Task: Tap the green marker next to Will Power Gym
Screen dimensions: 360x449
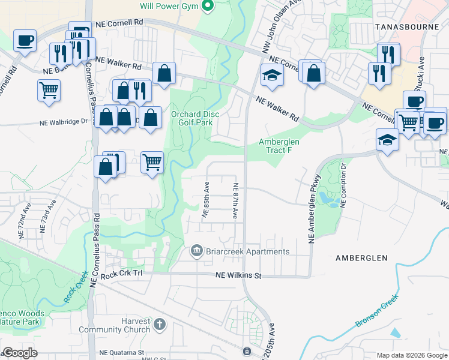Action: click(208, 7)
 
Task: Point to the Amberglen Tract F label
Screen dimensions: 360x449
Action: click(275, 146)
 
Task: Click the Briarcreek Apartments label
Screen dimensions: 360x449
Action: click(247, 252)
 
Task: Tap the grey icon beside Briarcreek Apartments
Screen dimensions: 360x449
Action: click(196, 251)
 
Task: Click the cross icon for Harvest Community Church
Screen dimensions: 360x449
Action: click(159, 325)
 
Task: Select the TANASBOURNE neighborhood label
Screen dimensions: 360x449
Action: click(403, 27)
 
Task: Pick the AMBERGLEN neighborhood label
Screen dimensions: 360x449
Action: click(361, 258)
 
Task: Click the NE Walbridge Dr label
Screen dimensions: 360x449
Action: click(64, 122)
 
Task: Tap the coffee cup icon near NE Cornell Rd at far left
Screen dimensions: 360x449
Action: click(25, 40)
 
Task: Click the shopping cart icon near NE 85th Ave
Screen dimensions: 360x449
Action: click(152, 161)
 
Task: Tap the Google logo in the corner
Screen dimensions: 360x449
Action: click(20, 353)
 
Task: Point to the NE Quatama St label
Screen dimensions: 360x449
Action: click(122, 353)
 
